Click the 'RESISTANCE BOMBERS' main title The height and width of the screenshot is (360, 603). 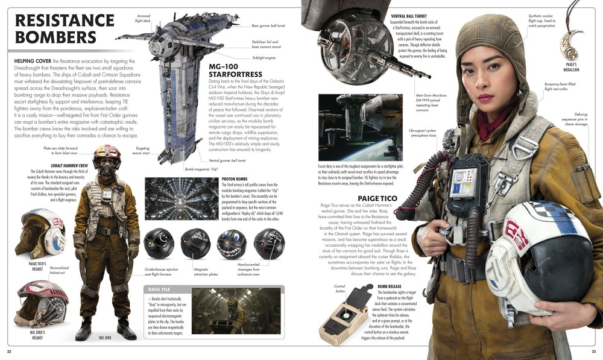coord(55,28)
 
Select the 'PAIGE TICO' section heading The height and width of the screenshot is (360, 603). coord(378,198)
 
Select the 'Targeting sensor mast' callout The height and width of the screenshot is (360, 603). coord(142,151)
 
